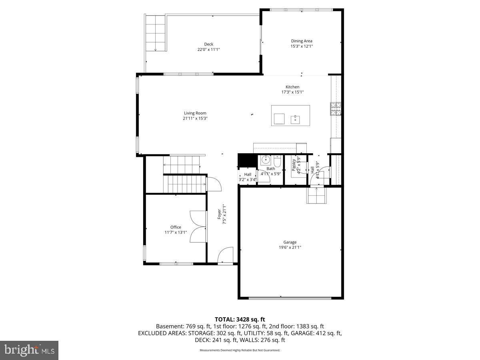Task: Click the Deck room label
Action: (x=208, y=44)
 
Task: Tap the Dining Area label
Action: (x=302, y=41)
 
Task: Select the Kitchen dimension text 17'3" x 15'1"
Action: (x=292, y=92)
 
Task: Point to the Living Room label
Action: (x=195, y=113)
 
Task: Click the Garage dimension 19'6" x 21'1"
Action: (x=290, y=247)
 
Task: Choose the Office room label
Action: (x=176, y=227)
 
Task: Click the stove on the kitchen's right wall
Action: (x=336, y=108)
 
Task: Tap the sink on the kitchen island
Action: (x=296, y=118)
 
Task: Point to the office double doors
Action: (x=198, y=226)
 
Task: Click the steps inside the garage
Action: (x=317, y=195)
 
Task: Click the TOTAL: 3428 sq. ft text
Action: (x=240, y=319)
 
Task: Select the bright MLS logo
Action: (x=29, y=350)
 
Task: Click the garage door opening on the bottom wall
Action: (x=290, y=298)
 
